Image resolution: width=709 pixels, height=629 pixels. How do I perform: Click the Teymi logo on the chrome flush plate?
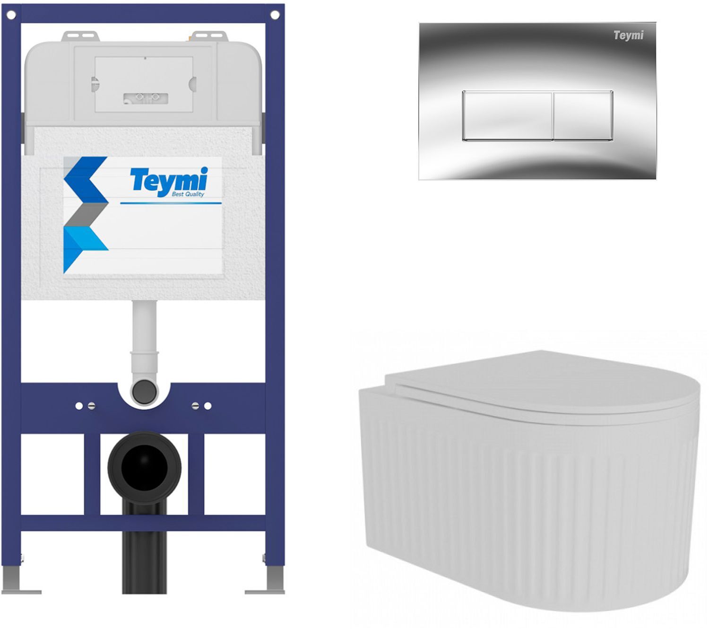(628, 35)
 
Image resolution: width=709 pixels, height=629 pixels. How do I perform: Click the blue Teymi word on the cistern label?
(169, 180)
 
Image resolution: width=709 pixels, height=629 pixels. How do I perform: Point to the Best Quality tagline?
(188, 194)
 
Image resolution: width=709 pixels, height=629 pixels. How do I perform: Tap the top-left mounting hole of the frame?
(11, 15)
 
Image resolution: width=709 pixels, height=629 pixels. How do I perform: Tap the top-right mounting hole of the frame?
(275, 15)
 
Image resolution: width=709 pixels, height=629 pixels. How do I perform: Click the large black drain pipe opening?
(144, 468)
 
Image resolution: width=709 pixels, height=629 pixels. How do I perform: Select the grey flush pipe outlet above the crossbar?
(144, 392)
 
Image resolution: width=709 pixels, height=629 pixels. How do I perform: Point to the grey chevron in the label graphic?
(86, 214)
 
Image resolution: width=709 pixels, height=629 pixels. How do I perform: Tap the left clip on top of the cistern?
(80, 36)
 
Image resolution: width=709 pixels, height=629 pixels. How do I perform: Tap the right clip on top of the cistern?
(209, 36)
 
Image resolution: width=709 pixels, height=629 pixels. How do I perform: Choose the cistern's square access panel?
(144, 84)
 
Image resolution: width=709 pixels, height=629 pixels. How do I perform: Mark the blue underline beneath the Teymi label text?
(171, 203)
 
